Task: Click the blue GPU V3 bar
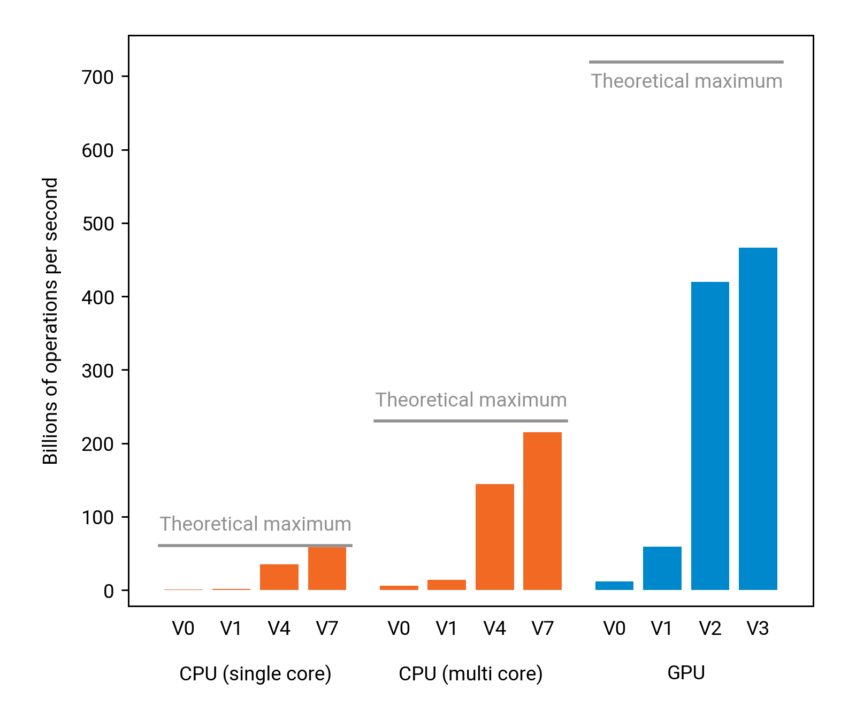pos(758,418)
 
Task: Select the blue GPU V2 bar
pos(710,435)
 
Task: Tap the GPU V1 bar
pos(662,568)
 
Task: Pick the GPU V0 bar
pos(614,586)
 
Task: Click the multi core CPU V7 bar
pos(542,511)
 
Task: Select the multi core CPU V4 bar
pos(494,536)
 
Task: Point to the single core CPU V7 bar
pos(327,569)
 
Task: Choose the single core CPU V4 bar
pos(279,577)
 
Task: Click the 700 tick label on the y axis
pos(98,78)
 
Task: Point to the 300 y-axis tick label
pos(98,371)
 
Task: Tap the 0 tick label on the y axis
pos(109,591)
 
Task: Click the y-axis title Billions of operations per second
pos(50,321)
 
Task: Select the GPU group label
pos(686,672)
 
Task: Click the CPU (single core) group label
pos(255,673)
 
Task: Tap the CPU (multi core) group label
pos(470,673)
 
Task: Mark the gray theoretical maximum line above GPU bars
pos(686,62)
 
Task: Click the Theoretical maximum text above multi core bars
pos(471,400)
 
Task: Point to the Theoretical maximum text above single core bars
pos(255,524)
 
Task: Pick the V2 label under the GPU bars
pos(710,628)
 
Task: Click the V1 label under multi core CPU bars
pos(446,628)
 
